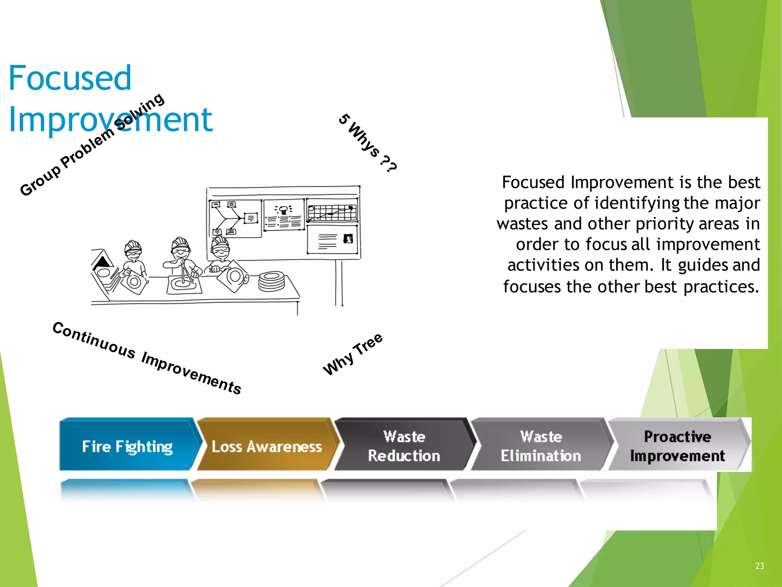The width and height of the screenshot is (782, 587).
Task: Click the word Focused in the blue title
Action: coord(70,78)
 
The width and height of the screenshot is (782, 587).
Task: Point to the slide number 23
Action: coord(759,566)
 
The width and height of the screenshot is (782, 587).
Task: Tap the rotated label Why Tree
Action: coord(352,354)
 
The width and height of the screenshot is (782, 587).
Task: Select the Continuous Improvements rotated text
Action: coord(147,358)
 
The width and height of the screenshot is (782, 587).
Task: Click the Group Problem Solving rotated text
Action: coord(92,145)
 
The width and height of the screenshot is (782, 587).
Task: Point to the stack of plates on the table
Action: coord(271,281)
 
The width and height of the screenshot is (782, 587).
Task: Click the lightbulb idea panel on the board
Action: coord(284,215)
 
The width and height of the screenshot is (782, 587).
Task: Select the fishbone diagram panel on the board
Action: coord(234,218)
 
